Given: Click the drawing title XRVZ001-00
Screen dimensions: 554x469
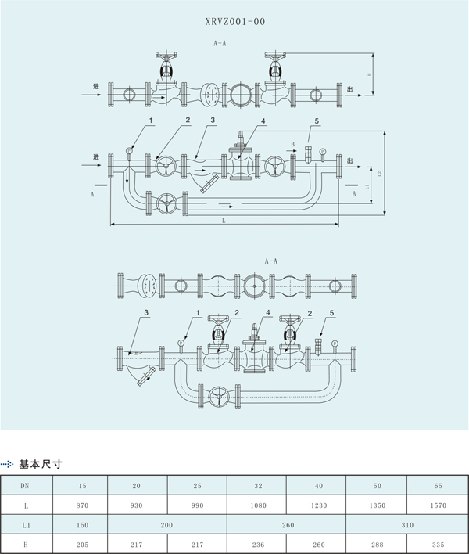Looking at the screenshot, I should click(x=235, y=22).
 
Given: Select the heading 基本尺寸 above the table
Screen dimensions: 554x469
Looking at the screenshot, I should click(x=40, y=464).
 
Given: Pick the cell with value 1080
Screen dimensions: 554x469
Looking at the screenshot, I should click(x=257, y=505).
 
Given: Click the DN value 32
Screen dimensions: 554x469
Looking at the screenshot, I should click(x=257, y=485).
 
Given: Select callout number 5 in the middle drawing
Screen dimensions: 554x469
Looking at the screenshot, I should click(x=317, y=121).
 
